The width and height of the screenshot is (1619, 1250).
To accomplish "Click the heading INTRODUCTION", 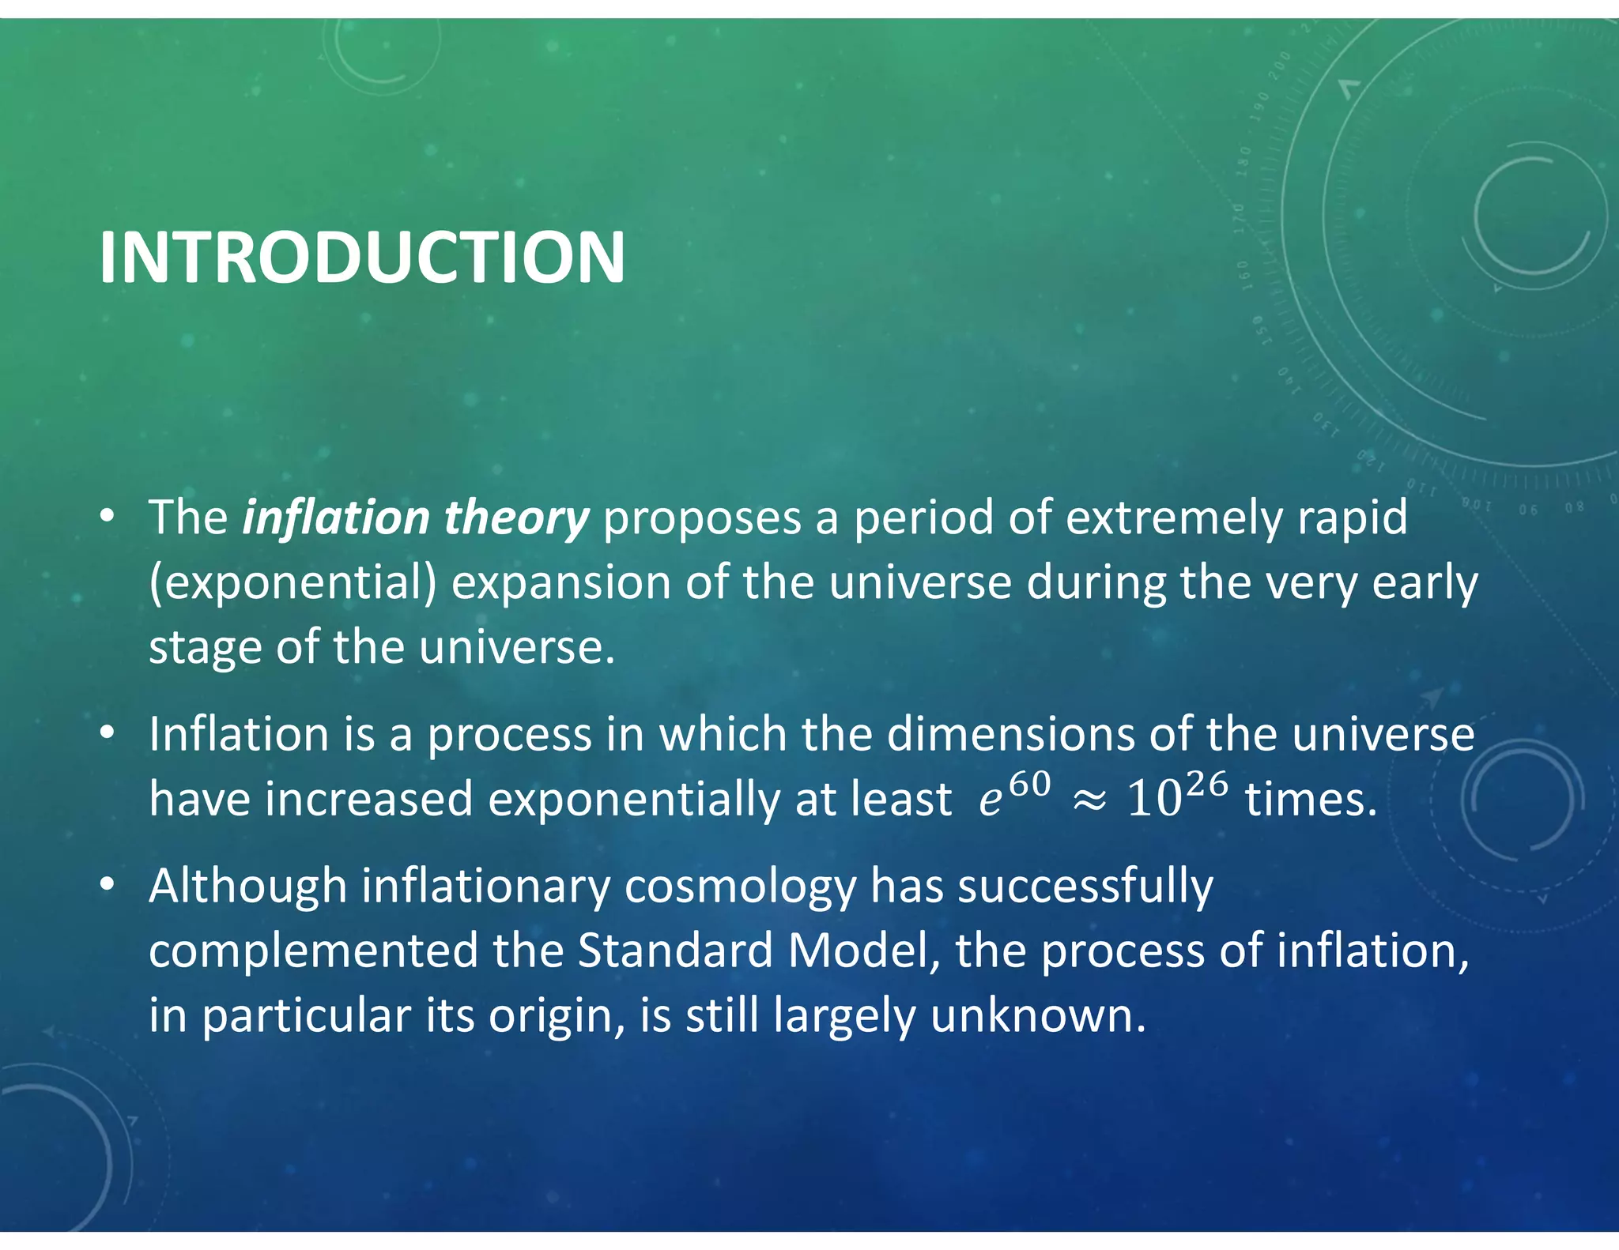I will pos(362,258).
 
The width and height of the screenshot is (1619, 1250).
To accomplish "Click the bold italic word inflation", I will pos(335,518).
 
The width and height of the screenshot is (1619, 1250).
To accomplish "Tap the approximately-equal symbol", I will pos(1090,801).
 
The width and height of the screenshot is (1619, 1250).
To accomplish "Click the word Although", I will pos(247,887).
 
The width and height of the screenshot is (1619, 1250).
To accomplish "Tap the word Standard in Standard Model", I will pos(675,951).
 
